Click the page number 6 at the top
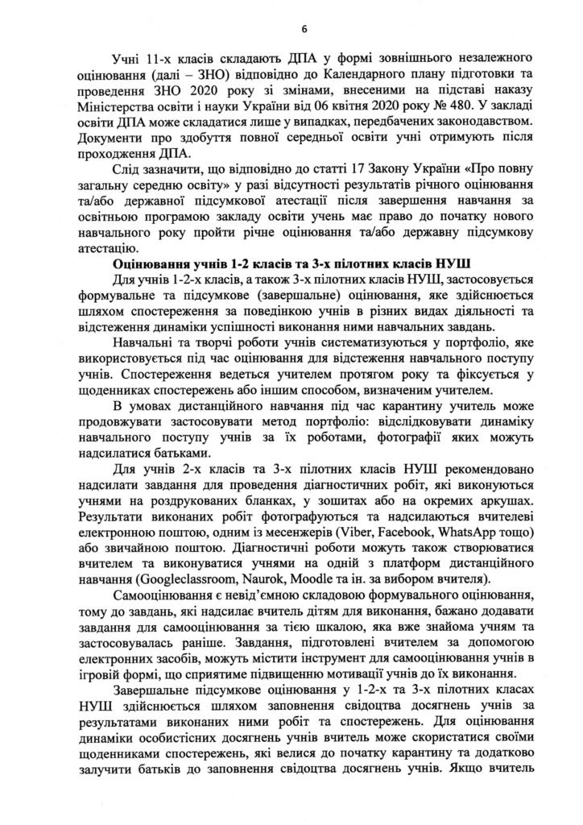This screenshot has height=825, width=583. click(x=304, y=31)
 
